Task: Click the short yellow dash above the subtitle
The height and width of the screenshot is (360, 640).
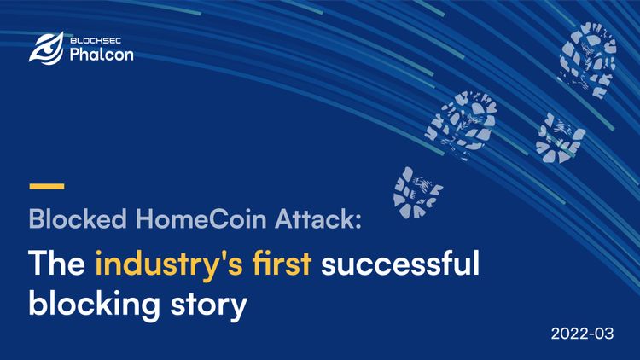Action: [x=46, y=185]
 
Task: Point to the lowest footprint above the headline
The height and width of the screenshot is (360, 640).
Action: [x=418, y=190]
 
